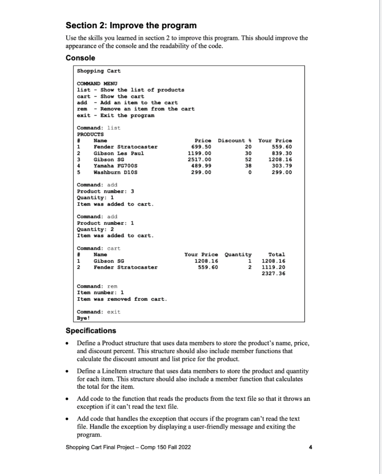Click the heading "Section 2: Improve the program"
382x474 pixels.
(131, 25)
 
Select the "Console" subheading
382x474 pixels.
(81, 58)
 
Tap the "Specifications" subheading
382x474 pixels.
(91, 331)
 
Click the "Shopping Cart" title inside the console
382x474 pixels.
(98, 71)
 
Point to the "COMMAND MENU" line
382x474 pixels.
(97, 83)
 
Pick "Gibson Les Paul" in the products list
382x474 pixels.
(119, 153)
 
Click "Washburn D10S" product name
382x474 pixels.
(115, 172)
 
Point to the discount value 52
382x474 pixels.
(247, 160)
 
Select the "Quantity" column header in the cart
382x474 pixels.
(238, 255)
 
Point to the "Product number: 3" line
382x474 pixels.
(106, 191)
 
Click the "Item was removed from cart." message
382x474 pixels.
(121, 299)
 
